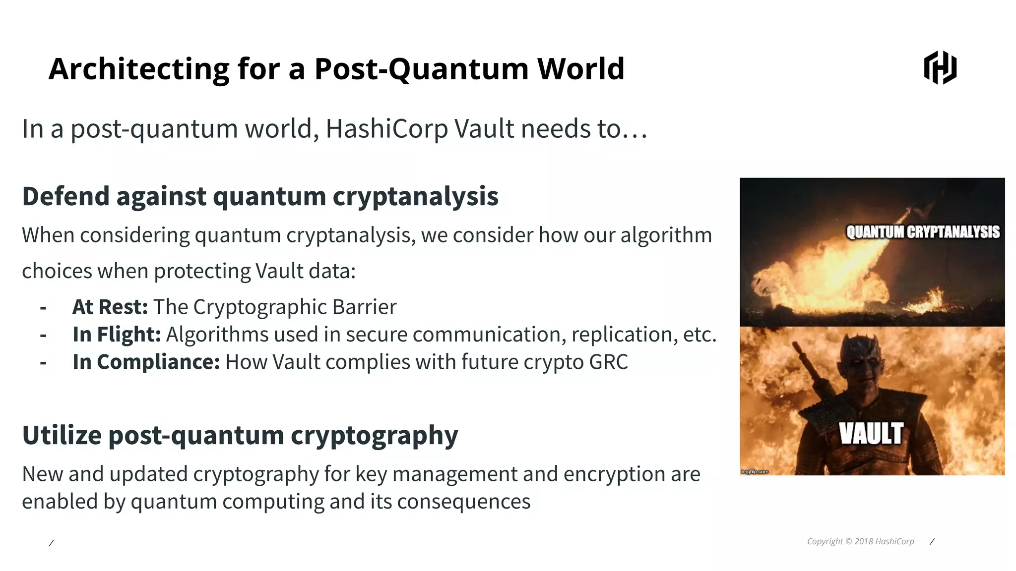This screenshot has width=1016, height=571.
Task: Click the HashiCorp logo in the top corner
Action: (940, 67)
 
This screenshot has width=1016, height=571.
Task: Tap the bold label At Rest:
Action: (110, 307)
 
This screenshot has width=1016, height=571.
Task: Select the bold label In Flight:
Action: (117, 335)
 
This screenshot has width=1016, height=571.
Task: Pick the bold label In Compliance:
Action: (146, 362)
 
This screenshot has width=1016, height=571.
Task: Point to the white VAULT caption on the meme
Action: (871, 434)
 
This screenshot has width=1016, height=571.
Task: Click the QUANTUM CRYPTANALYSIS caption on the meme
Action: (923, 232)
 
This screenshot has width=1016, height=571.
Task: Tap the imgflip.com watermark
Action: (755, 471)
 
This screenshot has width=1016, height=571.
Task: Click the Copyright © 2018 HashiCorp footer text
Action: (860, 541)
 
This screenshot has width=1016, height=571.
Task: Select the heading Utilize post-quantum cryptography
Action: (240, 435)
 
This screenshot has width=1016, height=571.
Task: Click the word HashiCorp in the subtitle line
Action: (387, 129)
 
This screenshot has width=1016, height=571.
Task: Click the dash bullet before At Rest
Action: (43, 308)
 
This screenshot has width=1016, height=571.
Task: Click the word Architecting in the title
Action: (139, 68)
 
